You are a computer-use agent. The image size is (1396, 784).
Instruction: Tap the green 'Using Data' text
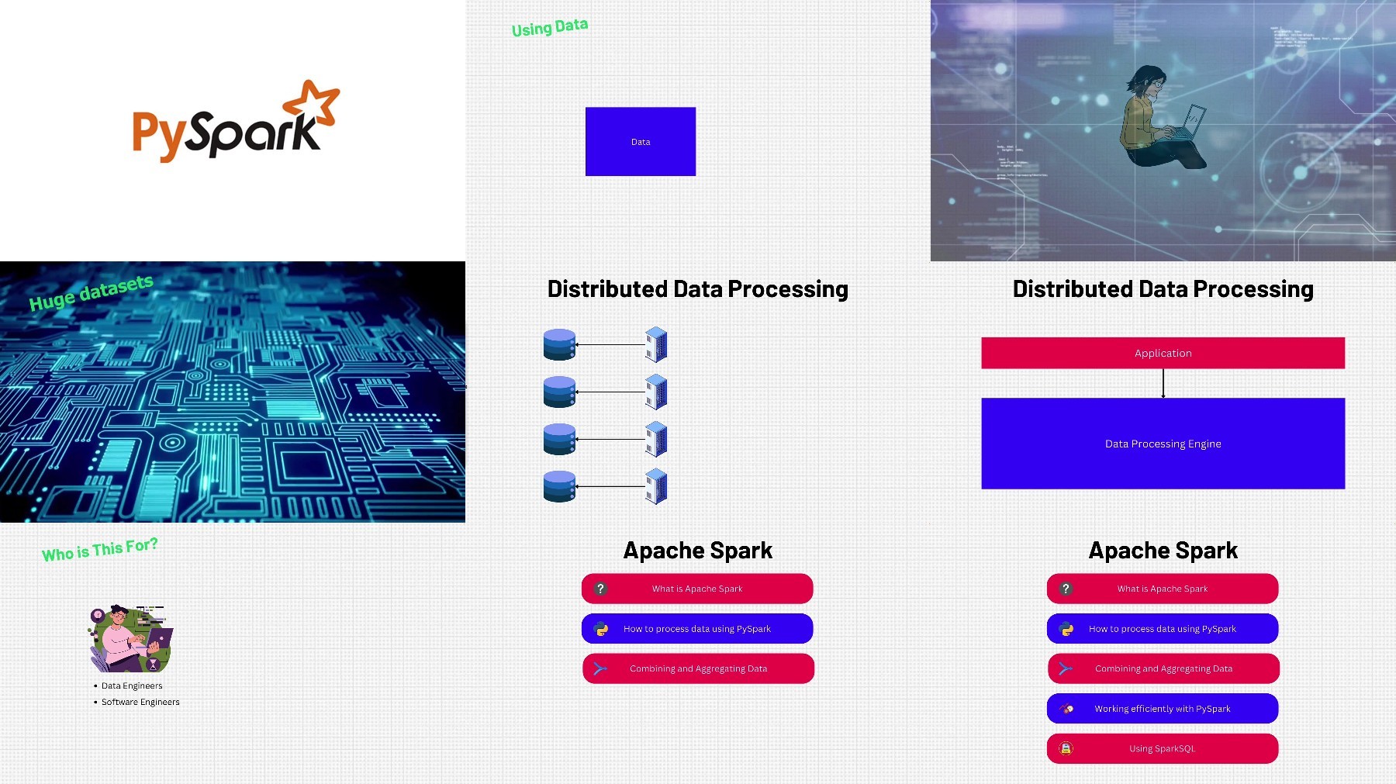click(550, 28)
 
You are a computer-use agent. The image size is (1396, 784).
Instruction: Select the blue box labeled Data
click(641, 142)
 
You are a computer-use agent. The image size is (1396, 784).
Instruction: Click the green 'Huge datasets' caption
click(91, 292)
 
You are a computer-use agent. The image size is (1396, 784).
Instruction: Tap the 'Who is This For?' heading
click(100, 549)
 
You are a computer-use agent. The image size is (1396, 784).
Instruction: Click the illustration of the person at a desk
click(130, 639)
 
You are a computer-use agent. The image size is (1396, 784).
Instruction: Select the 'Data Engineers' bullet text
click(132, 686)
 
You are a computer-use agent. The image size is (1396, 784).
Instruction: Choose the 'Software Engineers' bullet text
click(140, 702)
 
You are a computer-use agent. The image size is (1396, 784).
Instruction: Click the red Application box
click(1163, 353)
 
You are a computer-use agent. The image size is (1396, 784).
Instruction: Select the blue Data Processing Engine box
click(1163, 444)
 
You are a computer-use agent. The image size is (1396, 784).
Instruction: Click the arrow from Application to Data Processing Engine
click(1163, 383)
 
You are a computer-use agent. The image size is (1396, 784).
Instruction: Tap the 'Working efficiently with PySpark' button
click(1163, 708)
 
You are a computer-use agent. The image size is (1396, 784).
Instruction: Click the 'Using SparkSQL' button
click(1163, 748)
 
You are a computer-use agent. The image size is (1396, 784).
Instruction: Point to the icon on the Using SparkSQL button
click(1066, 748)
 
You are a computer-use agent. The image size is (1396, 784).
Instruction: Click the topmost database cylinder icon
click(560, 344)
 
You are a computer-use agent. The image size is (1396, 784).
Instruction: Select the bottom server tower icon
click(656, 486)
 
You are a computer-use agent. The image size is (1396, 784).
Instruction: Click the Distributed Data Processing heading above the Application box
click(1163, 288)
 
